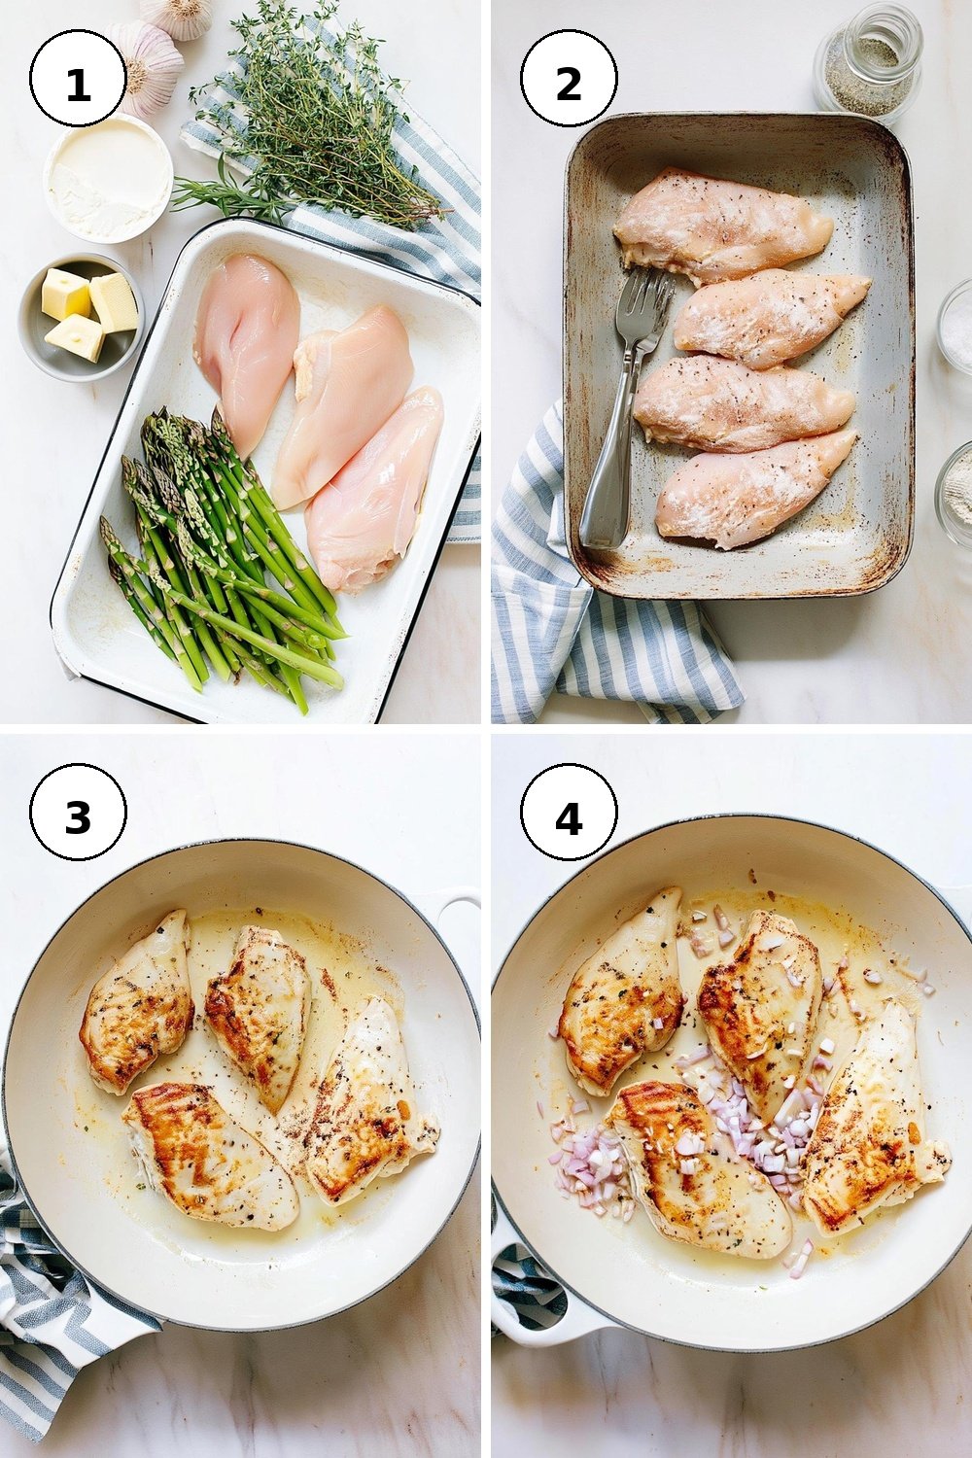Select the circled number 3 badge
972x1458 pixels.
[78, 816]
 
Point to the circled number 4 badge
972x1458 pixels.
[569, 816]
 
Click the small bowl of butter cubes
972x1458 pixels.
[82, 317]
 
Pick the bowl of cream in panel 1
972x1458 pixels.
[108, 177]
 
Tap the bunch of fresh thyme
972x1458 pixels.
[313, 111]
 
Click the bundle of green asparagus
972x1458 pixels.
[222, 553]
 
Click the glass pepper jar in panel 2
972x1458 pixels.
[868, 62]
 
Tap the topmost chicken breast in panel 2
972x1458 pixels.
[722, 225]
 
